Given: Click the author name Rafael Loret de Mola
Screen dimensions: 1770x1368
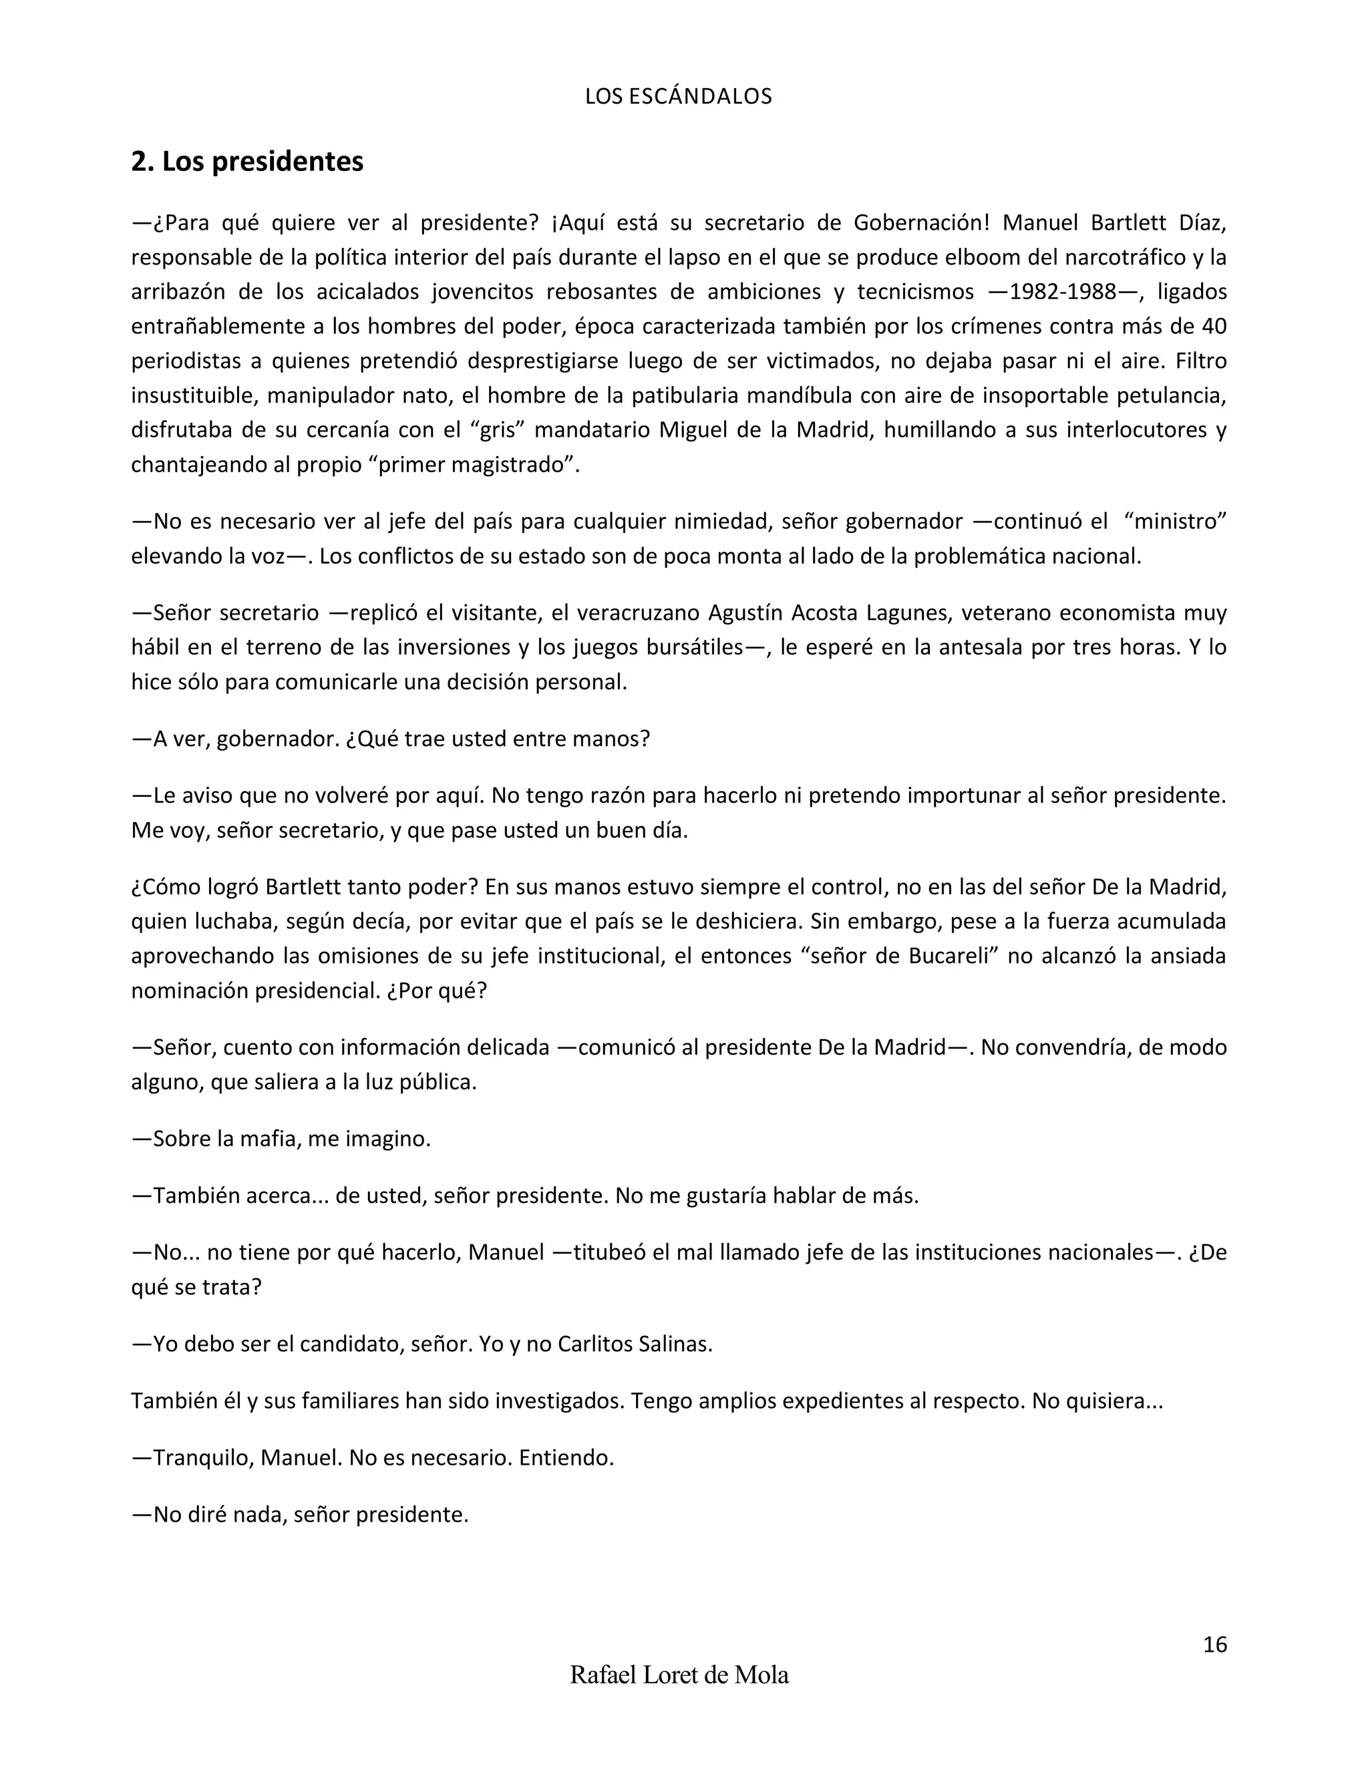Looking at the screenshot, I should point(679,1675).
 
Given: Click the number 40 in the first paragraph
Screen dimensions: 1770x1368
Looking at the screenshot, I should point(1213,327).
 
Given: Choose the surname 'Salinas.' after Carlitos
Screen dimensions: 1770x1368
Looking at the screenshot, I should point(675,1345).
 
